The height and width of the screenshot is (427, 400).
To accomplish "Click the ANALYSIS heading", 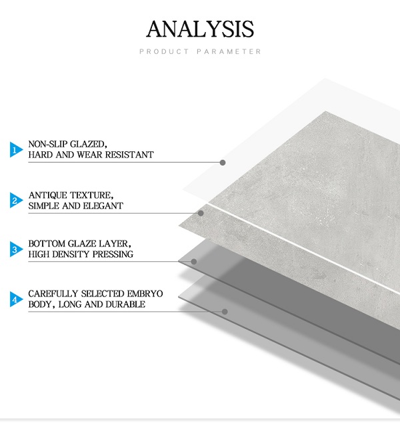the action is tap(200, 29).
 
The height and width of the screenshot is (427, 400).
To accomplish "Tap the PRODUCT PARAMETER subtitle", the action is tap(200, 51).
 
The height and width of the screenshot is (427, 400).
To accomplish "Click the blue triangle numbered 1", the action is tap(16, 149).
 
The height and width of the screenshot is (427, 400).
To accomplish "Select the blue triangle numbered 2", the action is tap(16, 200).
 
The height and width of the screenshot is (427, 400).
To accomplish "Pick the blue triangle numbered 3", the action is tap(16, 249).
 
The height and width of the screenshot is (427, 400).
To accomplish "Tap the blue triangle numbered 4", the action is tap(16, 299).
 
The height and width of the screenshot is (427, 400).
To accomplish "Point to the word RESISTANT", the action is tap(129, 155).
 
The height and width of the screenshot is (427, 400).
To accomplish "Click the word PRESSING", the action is tap(113, 254).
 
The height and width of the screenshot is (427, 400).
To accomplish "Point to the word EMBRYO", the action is tap(145, 294).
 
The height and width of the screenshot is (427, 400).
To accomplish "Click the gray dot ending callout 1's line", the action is tap(223, 163).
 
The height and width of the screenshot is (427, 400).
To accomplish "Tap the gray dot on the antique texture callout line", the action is tap(201, 213).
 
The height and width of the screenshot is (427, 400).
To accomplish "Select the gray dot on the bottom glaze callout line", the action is tap(194, 262).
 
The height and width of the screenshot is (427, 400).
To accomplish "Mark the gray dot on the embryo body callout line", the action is tap(225, 312).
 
